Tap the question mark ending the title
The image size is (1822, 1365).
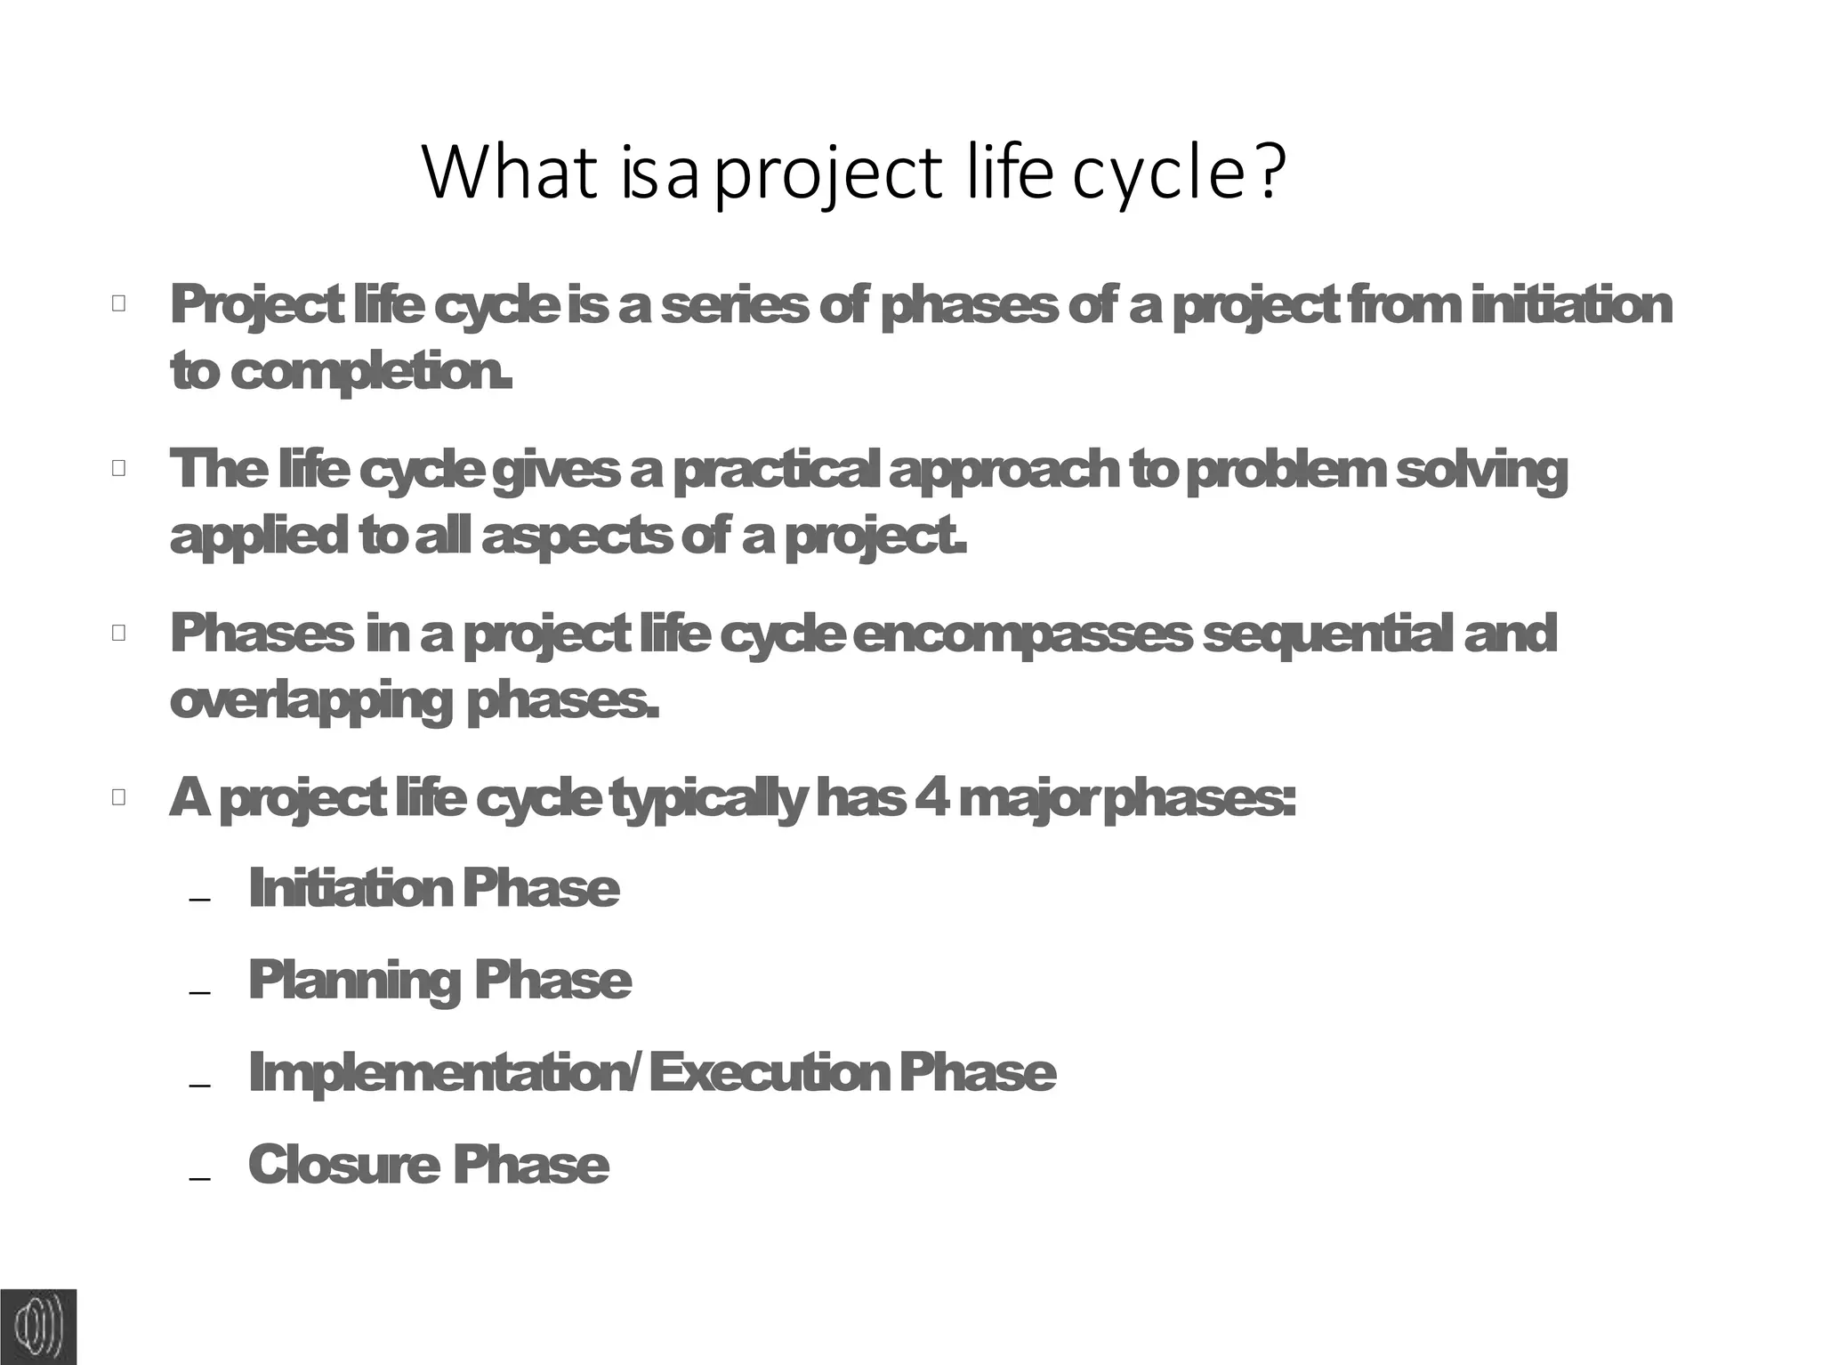(x=1271, y=171)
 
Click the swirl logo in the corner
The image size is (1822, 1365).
(x=38, y=1326)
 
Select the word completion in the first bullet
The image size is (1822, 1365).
(x=369, y=372)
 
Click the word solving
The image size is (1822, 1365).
(x=1480, y=472)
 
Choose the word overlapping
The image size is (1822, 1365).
(x=311, y=703)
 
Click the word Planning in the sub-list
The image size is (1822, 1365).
(x=354, y=981)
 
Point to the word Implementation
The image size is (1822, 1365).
(x=440, y=1073)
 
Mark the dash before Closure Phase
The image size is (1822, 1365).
(x=200, y=1177)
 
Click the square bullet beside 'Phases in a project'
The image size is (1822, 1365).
(x=119, y=634)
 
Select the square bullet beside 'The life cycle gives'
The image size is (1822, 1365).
(x=119, y=468)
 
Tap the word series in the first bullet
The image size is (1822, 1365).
(x=734, y=306)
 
